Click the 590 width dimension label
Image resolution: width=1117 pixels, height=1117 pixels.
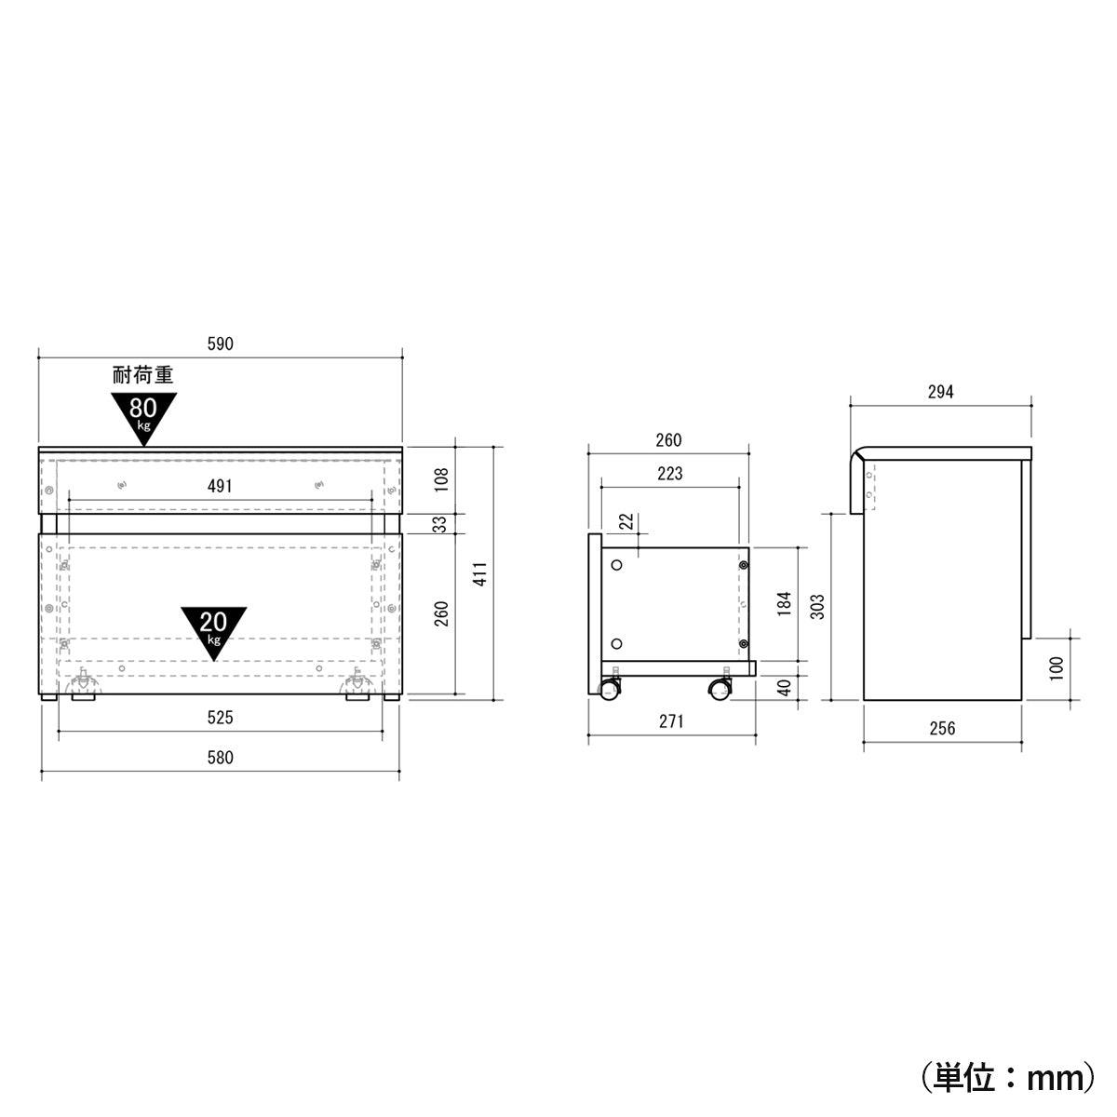[x=220, y=343]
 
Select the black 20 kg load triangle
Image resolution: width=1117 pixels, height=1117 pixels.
[x=214, y=628]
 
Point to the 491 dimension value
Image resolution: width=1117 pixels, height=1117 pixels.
[x=220, y=486]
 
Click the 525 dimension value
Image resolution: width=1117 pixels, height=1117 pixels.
[x=220, y=717]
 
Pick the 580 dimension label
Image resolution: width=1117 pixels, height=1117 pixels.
[x=220, y=758]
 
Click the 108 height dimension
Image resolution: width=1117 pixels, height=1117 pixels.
[x=442, y=478]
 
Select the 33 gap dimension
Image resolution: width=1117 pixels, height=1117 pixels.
[x=442, y=524]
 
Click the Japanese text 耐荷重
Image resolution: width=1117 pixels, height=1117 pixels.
[x=142, y=376]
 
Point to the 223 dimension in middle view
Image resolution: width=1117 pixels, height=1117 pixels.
[x=669, y=474]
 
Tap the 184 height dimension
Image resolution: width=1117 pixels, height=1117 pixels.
[x=784, y=603]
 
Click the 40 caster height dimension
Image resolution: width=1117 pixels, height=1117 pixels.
[x=784, y=687]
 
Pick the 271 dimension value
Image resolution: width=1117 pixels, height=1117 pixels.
[x=670, y=721]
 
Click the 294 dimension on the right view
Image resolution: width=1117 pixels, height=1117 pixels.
[x=940, y=392]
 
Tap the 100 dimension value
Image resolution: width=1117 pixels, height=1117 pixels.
[x=1056, y=667]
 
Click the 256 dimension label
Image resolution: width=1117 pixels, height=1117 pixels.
[x=942, y=728]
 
